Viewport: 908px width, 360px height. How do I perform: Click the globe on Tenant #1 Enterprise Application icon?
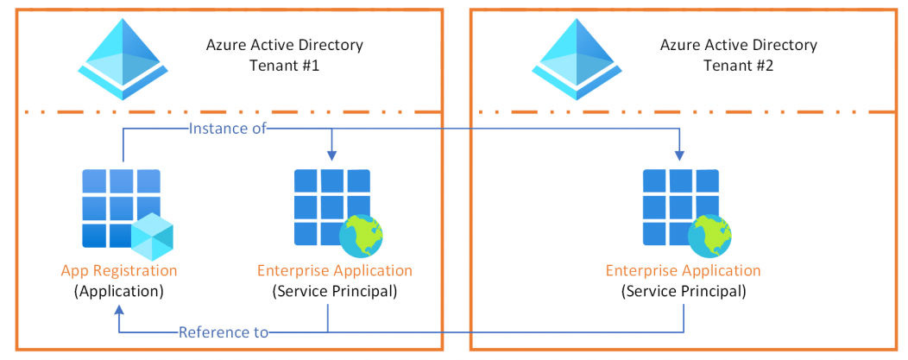361,235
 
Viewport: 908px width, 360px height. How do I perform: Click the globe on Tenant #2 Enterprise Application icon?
709,235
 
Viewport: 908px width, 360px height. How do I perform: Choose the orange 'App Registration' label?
119,270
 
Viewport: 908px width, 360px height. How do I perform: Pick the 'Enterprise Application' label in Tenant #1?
335,270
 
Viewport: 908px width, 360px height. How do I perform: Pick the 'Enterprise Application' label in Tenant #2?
684,270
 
